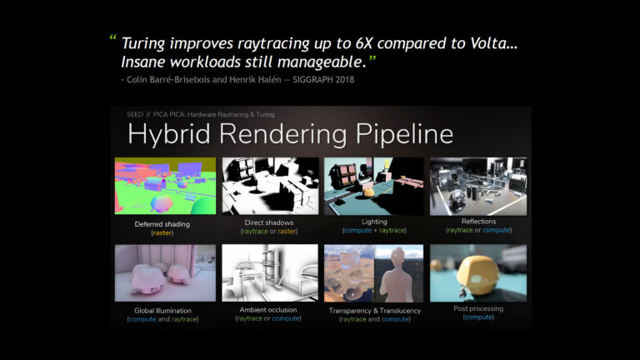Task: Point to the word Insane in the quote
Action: (x=147, y=63)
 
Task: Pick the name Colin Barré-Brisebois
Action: (x=167, y=79)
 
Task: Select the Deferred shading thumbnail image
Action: (x=164, y=186)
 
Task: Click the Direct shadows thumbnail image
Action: (x=270, y=186)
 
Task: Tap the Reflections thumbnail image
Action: (x=477, y=186)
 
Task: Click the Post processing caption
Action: (x=478, y=308)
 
